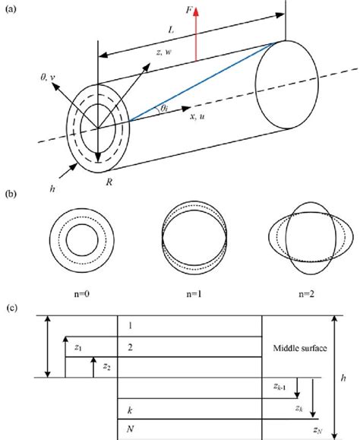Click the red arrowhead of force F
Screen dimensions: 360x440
coord(196,12)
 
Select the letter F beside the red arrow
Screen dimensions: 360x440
coord(190,10)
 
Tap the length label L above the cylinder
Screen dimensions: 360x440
coord(171,30)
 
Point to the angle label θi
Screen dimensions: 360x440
coord(164,109)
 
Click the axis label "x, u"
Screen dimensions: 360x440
coord(197,116)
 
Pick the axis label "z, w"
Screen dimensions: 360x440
coord(164,52)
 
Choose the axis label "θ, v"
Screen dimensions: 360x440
coord(48,78)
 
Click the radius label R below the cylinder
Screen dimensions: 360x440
coord(109,182)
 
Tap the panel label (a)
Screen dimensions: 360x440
coord(11,9)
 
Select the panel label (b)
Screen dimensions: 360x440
coord(11,195)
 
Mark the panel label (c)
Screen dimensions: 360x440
coord(12,308)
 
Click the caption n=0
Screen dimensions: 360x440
coord(82,294)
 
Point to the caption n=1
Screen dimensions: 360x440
coord(194,294)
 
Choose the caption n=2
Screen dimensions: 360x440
coord(306,294)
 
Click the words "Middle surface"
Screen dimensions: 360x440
coord(300,348)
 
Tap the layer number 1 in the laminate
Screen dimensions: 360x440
coord(130,326)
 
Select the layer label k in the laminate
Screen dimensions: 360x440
coord(130,410)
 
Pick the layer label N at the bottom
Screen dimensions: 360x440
coord(130,429)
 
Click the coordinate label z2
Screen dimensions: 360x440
coord(107,366)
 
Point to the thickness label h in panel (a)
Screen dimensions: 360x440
coord(52,189)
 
